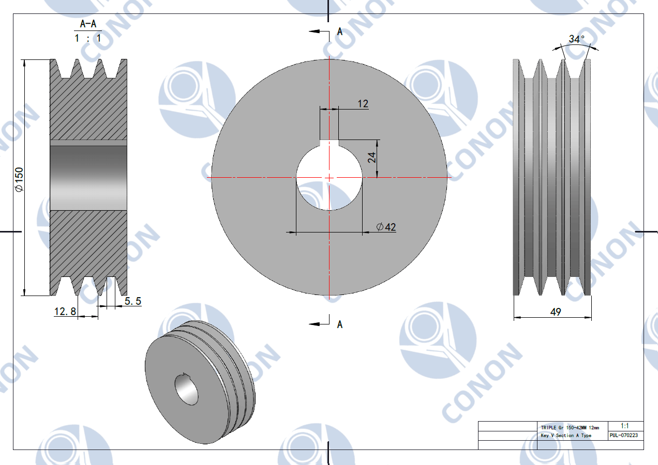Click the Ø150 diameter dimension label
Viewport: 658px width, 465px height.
tap(19, 180)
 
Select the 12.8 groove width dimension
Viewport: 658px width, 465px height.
tap(65, 311)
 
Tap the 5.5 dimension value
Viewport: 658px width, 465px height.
tap(133, 301)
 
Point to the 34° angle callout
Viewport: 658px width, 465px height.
tap(576, 39)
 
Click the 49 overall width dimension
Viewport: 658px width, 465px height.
tap(556, 312)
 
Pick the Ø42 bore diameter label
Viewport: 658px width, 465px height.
tap(386, 227)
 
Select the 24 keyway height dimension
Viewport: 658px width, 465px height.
tap(372, 158)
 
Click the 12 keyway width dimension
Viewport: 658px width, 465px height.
tap(363, 103)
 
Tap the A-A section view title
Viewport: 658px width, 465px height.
tap(88, 24)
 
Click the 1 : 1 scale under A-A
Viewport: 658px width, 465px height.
tap(88, 38)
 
